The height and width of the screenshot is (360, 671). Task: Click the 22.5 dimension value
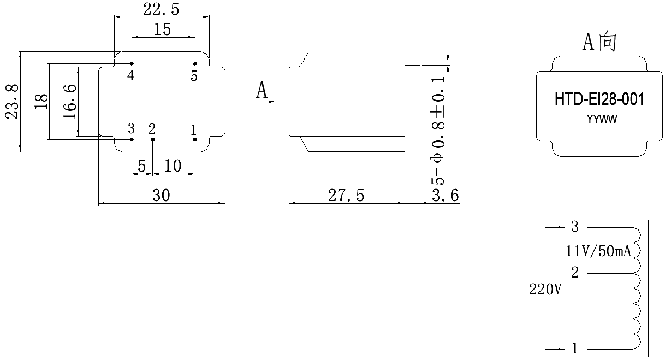pos(161,9)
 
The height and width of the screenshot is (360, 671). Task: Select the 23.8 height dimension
pos(12,102)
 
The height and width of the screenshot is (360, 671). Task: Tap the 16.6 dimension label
pos(70,102)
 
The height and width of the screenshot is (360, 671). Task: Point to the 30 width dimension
pos(161,195)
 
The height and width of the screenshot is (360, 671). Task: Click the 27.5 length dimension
pos(346,196)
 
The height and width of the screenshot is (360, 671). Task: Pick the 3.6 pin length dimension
pos(445,196)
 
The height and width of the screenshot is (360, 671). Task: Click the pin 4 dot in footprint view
pos(132,63)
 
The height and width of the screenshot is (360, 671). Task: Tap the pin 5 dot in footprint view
pos(195,63)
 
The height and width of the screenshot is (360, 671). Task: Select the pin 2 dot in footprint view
pos(152,140)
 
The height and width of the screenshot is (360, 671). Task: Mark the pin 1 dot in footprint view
pos(195,140)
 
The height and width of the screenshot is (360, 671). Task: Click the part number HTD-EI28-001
pos(599,99)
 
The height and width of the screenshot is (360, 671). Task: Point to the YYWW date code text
pos(602,119)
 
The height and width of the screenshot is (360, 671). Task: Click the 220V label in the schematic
pos(545,290)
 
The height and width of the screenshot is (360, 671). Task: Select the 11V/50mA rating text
pos(598,251)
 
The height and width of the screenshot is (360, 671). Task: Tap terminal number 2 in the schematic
pos(574,273)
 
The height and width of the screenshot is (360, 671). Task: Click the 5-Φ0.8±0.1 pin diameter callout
pos(438,130)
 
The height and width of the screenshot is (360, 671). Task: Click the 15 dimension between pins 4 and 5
pos(163,29)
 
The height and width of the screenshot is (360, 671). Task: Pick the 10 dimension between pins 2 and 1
pos(173,166)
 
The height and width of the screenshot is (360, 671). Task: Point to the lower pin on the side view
pos(413,139)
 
